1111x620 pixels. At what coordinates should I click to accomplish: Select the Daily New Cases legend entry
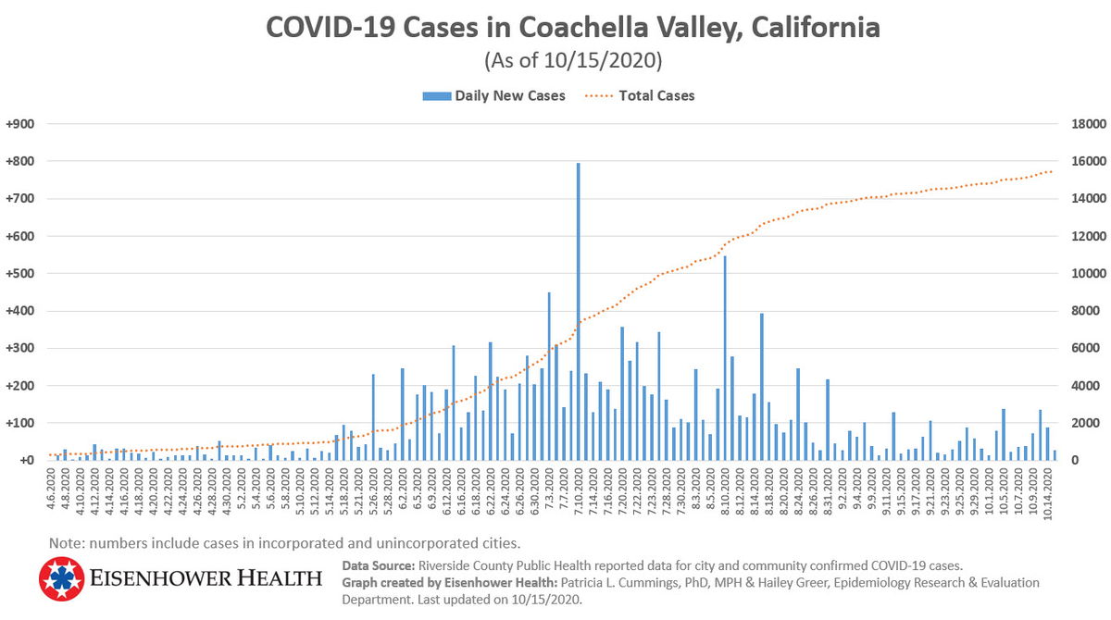click(x=509, y=95)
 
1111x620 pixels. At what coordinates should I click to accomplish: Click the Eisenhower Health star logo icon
click(x=61, y=579)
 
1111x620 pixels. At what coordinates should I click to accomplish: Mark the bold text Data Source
click(x=379, y=565)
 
